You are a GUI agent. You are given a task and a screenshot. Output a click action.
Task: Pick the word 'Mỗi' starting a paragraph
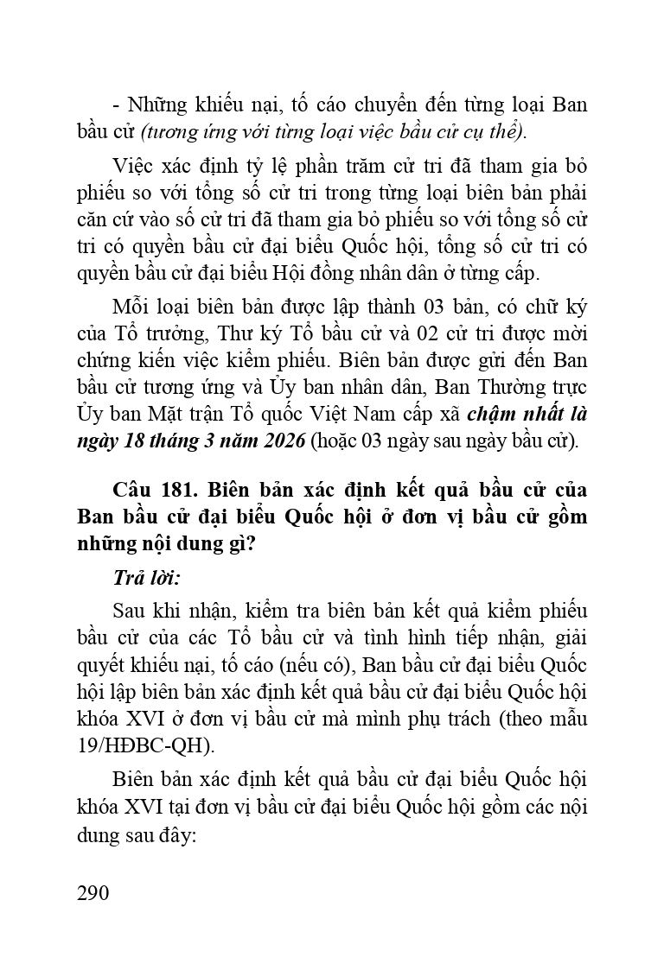tap(130, 308)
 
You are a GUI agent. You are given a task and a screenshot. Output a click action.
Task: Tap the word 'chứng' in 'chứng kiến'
tap(100, 361)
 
